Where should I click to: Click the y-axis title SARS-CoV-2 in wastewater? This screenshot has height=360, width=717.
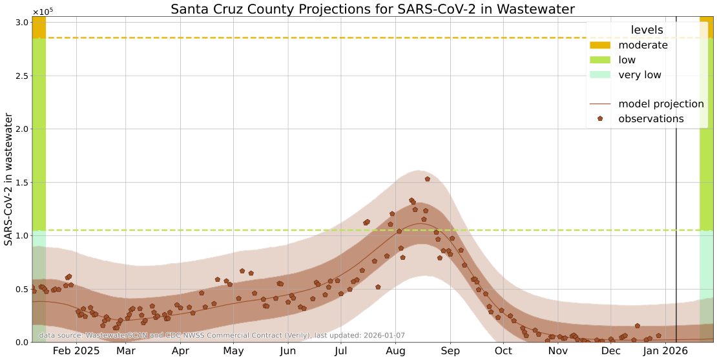(x=9, y=179)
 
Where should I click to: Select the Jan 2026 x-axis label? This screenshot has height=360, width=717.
(x=665, y=351)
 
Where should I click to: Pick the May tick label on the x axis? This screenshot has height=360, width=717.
(x=233, y=351)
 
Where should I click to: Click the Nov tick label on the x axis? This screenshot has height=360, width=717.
(x=557, y=351)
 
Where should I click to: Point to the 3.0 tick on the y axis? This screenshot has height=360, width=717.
(x=21, y=23)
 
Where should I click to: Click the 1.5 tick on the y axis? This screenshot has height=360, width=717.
(x=21, y=182)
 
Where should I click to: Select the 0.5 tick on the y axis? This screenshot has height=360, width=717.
(x=21, y=289)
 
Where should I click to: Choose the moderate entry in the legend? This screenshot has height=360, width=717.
(x=643, y=45)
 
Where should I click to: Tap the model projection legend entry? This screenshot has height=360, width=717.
(x=661, y=104)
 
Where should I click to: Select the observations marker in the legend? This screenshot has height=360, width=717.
(x=601, y=119)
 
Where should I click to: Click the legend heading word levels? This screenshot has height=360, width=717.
(x=647, y=30)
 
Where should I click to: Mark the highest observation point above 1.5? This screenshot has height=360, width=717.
(x=427, y=179)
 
